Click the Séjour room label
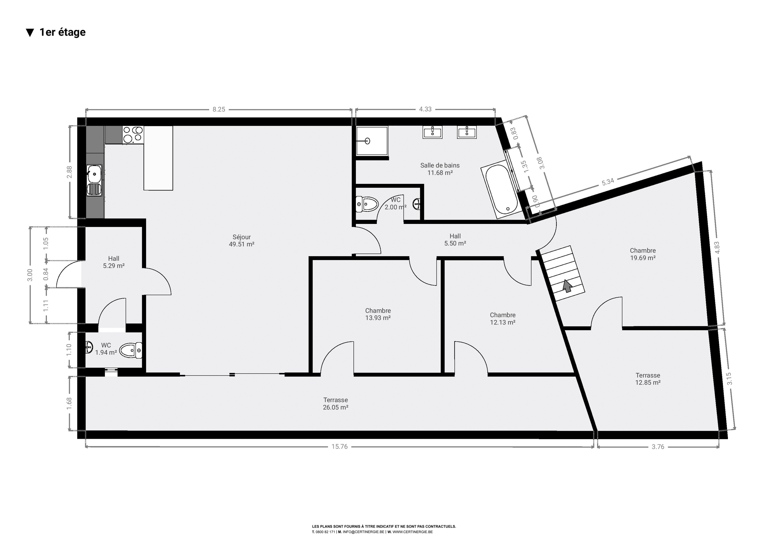241,240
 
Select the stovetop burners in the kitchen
133,135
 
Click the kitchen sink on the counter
94,180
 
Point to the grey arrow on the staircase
567,286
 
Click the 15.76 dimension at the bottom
339,447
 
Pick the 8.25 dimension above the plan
219,109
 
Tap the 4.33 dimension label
425,109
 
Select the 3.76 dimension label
658,447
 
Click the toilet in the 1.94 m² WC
131,350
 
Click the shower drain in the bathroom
368,141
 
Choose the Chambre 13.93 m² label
378,314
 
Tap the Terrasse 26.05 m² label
336,404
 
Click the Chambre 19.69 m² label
643,254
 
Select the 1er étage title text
63,32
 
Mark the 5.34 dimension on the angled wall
608,182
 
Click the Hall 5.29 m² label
114,262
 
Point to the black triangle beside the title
30,33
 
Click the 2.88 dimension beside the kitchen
69,172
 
